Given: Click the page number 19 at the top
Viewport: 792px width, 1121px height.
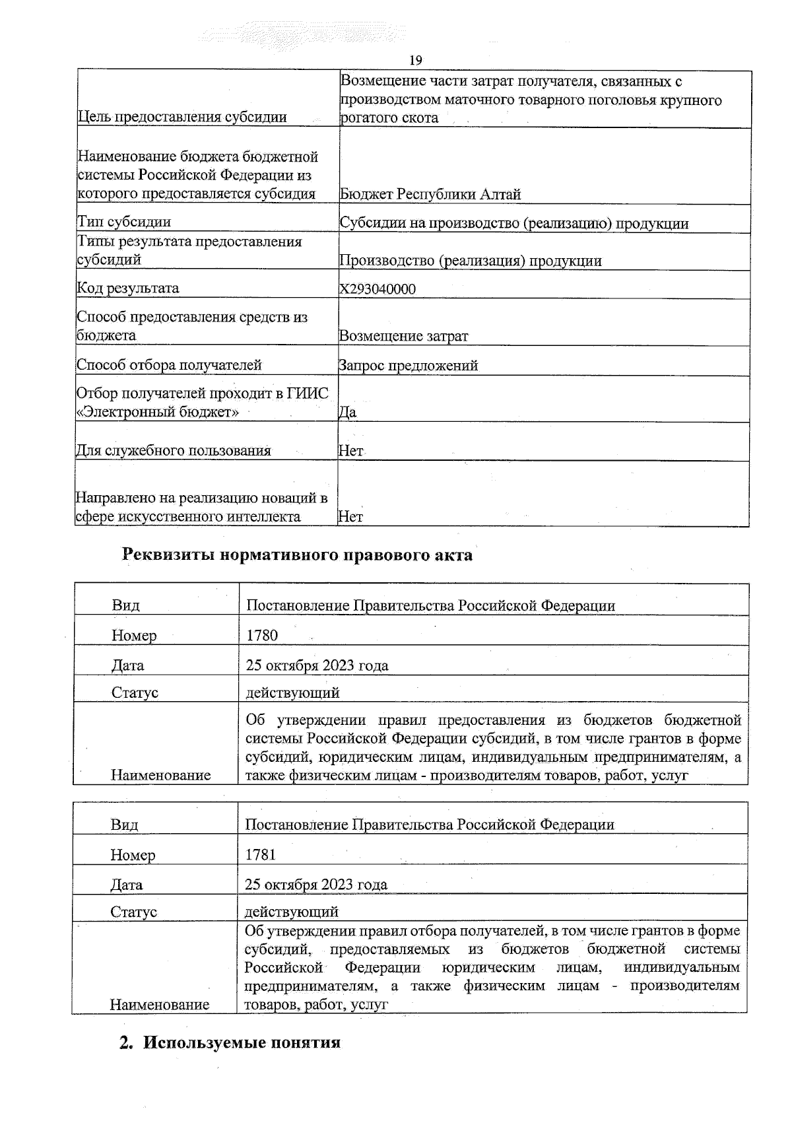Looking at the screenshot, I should (416, 61).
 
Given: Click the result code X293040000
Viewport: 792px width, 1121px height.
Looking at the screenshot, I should (378, 289).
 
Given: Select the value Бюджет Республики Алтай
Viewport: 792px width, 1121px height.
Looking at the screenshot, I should (430, 194).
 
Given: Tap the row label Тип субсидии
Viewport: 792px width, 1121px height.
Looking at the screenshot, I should (124, 222).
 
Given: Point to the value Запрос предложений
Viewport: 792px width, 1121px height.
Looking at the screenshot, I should (409, 365).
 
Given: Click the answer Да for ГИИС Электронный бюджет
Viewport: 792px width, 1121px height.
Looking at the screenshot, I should (348, 412).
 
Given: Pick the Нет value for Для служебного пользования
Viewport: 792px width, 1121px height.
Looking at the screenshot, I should (350, 451).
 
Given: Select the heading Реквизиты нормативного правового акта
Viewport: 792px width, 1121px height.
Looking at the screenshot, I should (298, 555).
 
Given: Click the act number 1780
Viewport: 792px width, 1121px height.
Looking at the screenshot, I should (262, 635).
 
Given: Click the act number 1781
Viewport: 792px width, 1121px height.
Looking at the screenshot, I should (261, 854).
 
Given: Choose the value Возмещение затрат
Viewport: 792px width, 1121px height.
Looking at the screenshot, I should (404, 336).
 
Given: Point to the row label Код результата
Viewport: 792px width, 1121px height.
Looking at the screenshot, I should (128, 289).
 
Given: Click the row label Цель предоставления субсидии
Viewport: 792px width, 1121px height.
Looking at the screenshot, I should (182, 118).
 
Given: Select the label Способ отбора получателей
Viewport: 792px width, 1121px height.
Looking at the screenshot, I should (170, 365).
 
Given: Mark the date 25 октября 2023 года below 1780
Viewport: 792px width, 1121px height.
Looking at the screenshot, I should (317, 665).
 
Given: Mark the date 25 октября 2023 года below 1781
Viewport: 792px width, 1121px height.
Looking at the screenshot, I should (316, 885).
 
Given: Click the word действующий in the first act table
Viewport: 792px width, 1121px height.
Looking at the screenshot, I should (292, 693).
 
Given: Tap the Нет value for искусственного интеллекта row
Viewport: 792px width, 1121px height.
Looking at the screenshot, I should (350, 517).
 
